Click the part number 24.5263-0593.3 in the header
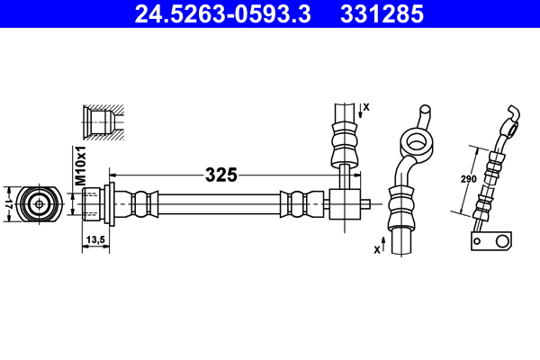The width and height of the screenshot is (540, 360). pos(223,14)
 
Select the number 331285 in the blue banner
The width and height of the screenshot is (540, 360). pos(382,14)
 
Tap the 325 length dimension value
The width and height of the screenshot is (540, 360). pos(221,175)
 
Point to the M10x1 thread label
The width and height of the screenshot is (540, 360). pos(80,166)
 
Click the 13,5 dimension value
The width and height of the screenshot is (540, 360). pos(95,239)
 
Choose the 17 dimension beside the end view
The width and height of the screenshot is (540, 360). pos(9,204)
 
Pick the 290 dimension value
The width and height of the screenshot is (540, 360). pos(469,179)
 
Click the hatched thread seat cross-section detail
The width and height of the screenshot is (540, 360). pos(103,122)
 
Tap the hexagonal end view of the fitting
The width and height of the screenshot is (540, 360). pos(40,204)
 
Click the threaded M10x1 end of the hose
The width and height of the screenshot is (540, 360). pos(91,204)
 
